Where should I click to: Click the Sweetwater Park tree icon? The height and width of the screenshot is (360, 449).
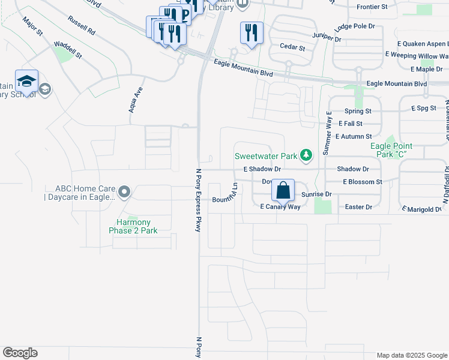pos(306,156)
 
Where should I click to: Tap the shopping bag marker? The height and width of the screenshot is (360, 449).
pos(283,191)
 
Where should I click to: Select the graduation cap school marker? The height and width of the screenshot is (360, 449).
pos(26,81)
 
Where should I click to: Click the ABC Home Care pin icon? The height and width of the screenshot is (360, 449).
pos(124,192)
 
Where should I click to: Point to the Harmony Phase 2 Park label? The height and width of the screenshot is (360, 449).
pos(133,226)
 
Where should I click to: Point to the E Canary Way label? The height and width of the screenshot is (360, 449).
pos(280,206)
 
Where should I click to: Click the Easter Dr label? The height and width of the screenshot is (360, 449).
pos(359,206)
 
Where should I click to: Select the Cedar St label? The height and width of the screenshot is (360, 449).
pos(292,47)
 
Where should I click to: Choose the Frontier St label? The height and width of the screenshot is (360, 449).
pos(372,7)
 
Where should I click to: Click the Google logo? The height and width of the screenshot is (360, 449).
pos(20,353)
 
